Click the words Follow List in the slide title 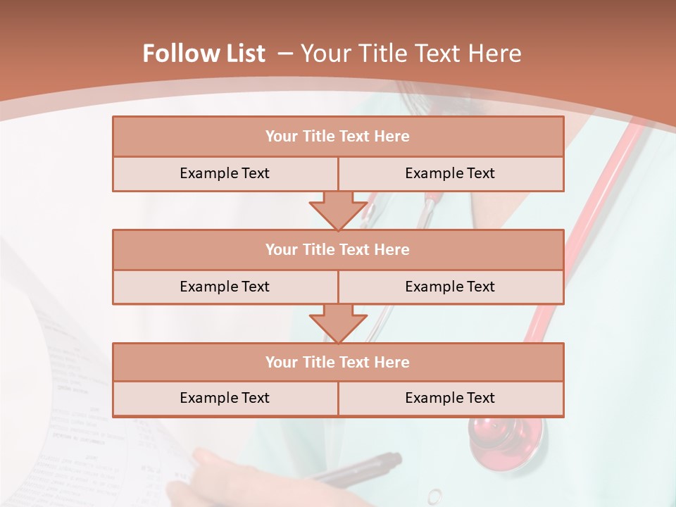204,54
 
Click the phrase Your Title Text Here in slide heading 411,54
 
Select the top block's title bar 338,137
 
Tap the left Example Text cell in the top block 225,173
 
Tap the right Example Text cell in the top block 450,173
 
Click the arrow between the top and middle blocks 338,211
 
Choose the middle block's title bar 338,249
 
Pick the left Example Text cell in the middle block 225,287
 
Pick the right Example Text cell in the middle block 450,287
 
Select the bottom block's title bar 338,362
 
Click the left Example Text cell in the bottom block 225,398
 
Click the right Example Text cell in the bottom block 450,398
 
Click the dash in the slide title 285,54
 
